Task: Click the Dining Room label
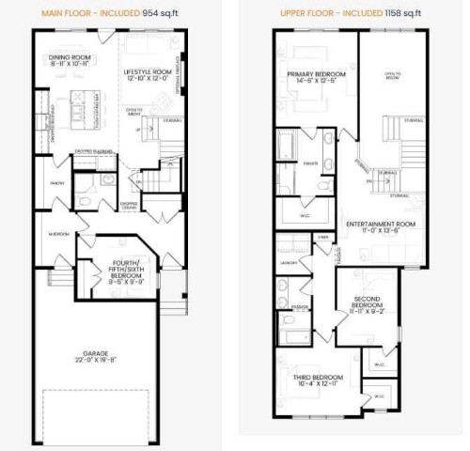pos(69,61)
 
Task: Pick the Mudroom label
pos(58,234)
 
